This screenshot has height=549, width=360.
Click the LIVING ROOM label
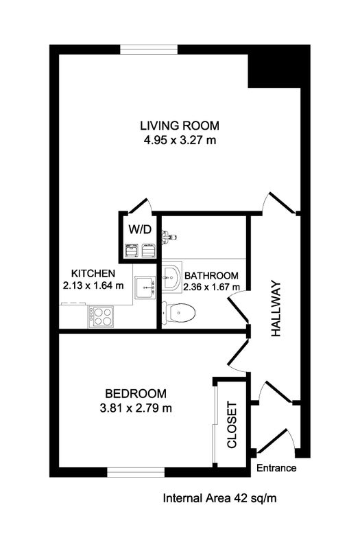[180, 126]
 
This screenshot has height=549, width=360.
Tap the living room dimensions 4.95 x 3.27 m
[180, 141]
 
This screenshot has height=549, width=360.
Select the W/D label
[140, 229]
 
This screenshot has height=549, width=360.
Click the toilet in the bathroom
[178, 312]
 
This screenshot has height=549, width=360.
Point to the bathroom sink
[171, 277]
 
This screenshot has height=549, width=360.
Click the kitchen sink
[145, 287]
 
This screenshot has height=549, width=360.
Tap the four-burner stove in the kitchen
[101, 316]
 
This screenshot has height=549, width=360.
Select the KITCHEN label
[93, 273]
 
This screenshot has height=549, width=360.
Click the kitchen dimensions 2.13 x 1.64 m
[93, 285]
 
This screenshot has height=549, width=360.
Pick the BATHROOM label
[211, 276]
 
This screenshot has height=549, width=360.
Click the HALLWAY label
[276, 308]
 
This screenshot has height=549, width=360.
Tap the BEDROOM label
[136, 393]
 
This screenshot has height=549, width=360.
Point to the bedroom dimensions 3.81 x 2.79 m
[136, 408]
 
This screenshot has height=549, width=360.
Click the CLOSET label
[232, 425]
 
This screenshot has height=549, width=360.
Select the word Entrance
[276, 468]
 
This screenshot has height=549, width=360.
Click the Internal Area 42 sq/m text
[219, 498]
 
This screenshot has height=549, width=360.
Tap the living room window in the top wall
[149, 49]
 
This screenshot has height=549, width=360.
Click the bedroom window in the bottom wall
[136, 472]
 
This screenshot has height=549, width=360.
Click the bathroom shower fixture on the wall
[169, 237]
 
